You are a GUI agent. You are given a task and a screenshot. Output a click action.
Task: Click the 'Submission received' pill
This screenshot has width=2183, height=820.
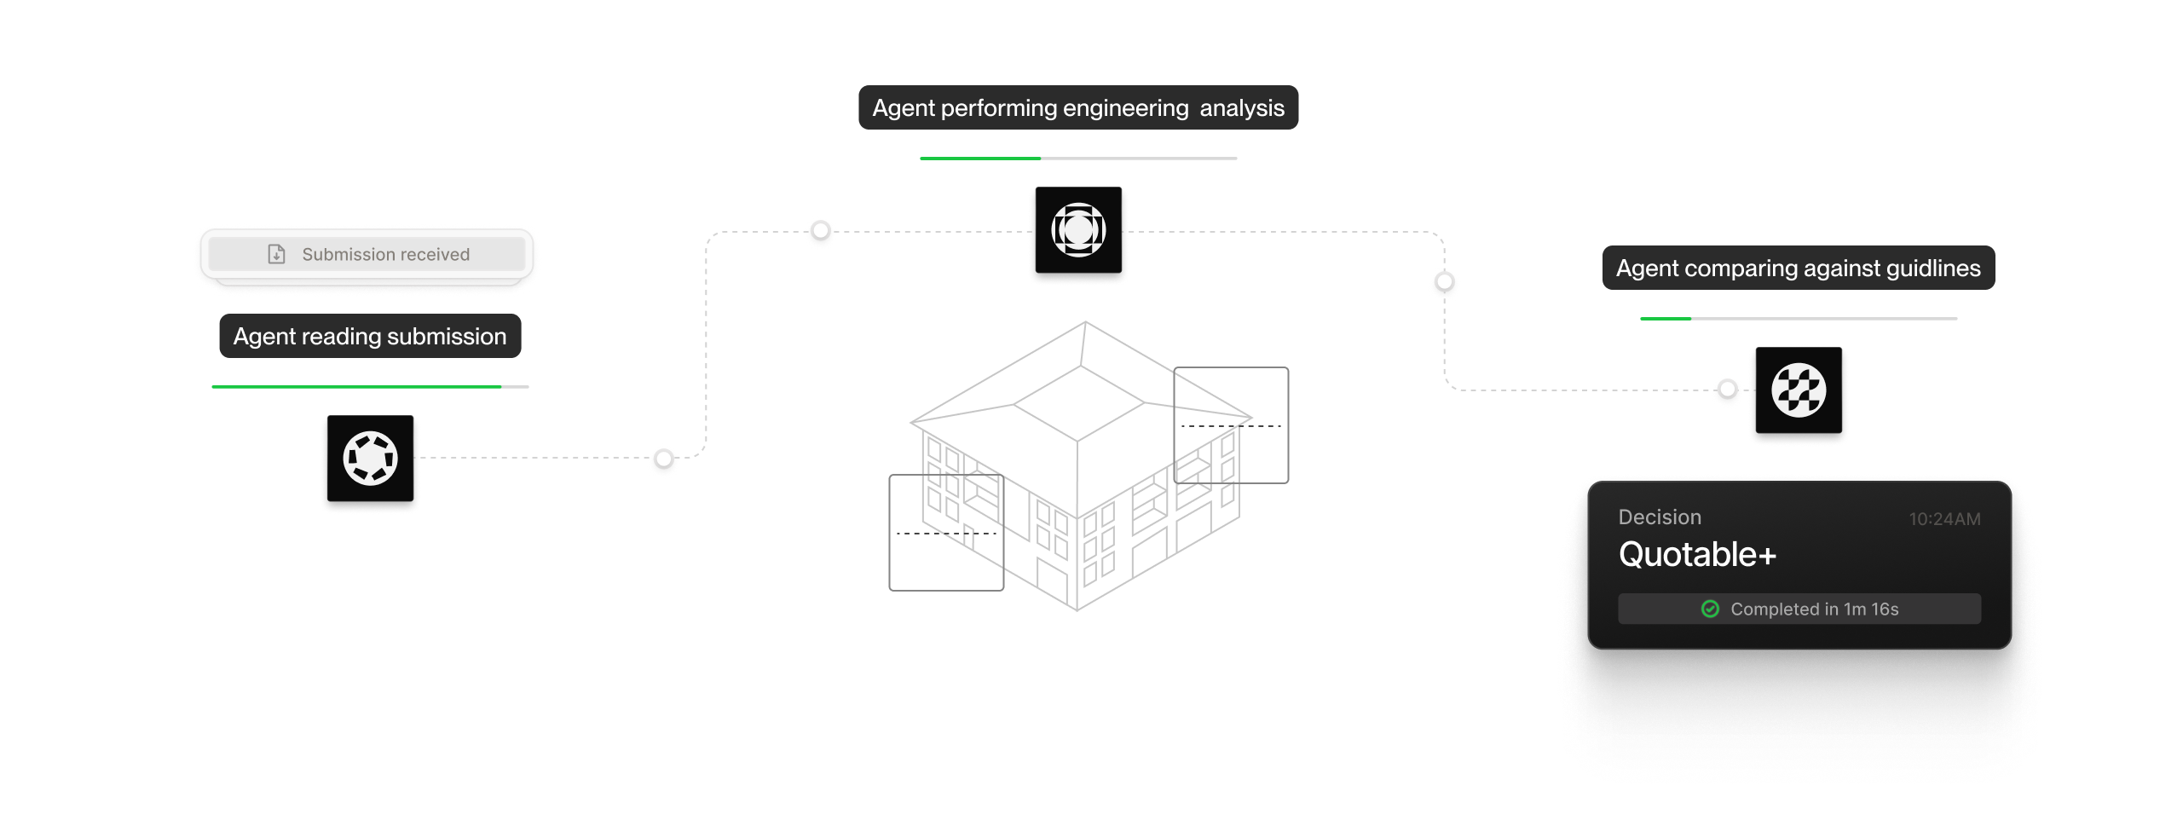(x=367, y=254)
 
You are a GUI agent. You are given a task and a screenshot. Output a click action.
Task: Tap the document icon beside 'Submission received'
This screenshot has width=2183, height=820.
(x=276, y=254)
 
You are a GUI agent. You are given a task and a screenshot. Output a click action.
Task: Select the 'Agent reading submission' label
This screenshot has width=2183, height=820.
(x=370, y=336)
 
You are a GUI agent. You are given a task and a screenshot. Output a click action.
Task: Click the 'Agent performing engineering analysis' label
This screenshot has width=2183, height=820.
(x=1078, y=107)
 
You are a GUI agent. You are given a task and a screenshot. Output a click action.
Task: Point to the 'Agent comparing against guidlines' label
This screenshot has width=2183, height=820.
(x=1798, y=268)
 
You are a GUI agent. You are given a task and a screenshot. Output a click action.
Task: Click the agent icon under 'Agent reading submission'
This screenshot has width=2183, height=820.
(x=370, y=459)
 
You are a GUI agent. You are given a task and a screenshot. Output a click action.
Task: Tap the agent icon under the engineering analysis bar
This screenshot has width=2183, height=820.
(x=1078, y=230)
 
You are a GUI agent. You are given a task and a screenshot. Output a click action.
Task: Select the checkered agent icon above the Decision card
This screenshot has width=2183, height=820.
(x=1799, y=390)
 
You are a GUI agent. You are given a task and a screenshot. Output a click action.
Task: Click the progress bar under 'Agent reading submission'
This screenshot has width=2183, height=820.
(x=370, y=387)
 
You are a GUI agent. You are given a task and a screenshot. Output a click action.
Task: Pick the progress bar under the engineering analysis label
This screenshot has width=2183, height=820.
(x=1078, y=159)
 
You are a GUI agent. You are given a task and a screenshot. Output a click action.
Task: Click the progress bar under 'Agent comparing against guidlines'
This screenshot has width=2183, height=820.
(x=1798, y=319)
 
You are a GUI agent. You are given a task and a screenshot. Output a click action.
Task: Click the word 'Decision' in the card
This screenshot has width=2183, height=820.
(x=1659, y=517)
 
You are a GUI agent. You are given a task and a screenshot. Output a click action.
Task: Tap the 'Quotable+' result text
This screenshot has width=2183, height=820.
(x=1696, y=555)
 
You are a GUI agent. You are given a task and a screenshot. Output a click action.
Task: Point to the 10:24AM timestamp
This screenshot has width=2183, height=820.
(x=1944, y=519)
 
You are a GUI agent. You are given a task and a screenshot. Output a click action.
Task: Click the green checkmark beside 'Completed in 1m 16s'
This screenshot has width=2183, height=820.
(x=1710, y=609)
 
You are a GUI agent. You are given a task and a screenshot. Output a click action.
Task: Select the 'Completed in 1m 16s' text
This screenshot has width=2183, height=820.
(x=1814, y=609)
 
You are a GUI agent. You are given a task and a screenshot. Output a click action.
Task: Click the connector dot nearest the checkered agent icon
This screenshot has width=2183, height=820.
(x=1728, y=390)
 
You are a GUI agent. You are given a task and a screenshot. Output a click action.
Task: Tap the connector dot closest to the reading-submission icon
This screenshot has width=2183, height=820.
(x=664, y=459)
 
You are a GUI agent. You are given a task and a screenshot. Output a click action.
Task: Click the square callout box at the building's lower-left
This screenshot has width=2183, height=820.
(x=945, y=533)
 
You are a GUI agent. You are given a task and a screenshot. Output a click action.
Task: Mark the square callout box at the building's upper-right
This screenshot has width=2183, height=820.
(x=1231, y=424)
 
